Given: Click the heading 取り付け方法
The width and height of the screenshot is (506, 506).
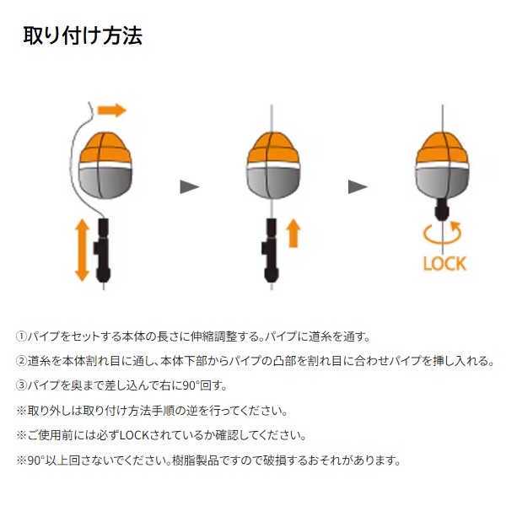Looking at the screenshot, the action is tap(83, 35).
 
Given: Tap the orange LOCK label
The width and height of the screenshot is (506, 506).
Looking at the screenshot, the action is tap(444, 264).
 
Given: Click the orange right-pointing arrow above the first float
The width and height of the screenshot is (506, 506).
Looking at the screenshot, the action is tap(111, 110).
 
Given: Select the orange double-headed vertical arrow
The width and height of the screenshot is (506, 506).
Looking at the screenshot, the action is tap(82, 250).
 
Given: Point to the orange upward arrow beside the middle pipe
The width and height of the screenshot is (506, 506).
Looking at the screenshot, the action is tap(293, 233).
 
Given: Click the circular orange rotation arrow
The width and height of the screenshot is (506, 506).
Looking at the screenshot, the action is tap(443, 233).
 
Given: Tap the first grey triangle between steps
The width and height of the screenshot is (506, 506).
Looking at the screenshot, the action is tap(190, 187).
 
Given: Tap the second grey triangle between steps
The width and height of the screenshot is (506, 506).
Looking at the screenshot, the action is tap(358, 187).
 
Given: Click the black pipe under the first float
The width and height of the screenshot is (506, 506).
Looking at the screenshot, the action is tap(103, 250).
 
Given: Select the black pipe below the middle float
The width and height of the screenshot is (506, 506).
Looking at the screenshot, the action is tap(271, 250).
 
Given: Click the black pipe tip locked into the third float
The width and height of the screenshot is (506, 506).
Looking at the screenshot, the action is tap(442, 209).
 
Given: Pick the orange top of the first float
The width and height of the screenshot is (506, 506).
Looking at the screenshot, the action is tap(105, 148).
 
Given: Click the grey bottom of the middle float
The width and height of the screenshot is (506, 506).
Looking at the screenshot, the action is tap(273, 183).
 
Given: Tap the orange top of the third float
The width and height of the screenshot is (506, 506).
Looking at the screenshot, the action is tap(442, 148).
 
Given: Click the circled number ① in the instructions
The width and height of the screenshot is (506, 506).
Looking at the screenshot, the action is tap(21, 336).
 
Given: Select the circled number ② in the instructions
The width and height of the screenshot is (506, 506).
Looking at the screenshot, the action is tap(21, 361).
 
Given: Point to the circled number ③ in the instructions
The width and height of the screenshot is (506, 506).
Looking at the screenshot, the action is tap(21, 385).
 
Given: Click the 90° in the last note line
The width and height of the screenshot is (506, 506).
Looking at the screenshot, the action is tap(35, 460).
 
